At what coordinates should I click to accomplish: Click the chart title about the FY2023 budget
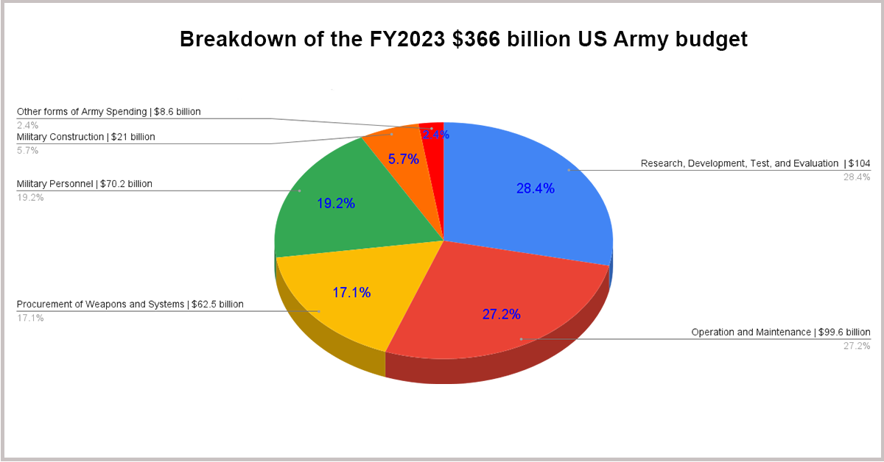tap(463, 39)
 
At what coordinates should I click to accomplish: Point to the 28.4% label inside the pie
tap(536, 188)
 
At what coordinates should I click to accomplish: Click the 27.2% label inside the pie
tap(502, 314)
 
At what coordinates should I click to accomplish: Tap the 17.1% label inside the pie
tap(351, 293)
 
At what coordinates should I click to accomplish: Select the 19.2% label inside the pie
tap(336, 204)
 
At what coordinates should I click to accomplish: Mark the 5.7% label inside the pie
tap(403, 158)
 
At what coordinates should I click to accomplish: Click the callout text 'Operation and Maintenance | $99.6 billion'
tap(781, 333)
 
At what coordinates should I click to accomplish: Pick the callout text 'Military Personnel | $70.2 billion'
tap(85, 184)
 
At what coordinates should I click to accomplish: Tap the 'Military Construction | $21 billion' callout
tap(86, 137)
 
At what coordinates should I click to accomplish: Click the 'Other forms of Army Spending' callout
tap(108, 112)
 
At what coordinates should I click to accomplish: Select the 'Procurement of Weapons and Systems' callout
tap(130, 305)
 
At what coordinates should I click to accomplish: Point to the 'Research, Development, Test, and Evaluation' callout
tap(755, 163)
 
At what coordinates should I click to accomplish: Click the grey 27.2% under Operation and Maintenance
tap(857, 346)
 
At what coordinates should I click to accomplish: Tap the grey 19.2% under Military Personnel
tap(30, 197)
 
